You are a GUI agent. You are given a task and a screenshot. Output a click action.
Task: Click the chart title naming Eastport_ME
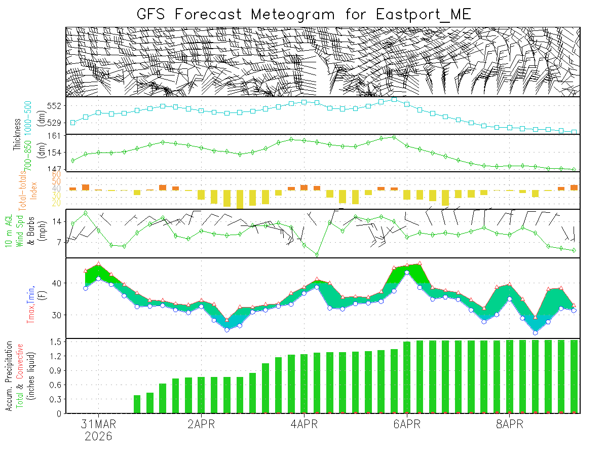304,14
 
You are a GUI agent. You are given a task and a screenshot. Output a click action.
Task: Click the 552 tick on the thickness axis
55,106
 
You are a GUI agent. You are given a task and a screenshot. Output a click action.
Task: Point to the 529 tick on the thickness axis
55,123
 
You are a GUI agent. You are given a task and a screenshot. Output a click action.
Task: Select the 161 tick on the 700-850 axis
55,136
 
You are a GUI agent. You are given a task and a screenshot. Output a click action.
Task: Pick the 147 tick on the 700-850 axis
55,168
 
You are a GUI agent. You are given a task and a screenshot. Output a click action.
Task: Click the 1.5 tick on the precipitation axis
56,342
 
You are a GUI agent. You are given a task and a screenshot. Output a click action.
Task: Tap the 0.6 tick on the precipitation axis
56,385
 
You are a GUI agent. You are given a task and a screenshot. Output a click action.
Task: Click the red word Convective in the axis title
20,361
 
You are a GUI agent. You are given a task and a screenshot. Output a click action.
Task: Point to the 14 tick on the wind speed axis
57,221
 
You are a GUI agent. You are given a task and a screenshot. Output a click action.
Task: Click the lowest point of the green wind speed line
317,255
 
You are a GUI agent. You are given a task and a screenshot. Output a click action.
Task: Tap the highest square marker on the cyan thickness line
394,99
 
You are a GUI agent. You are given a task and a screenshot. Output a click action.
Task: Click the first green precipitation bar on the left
137,404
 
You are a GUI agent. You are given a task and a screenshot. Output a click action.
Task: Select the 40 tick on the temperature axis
57,283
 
